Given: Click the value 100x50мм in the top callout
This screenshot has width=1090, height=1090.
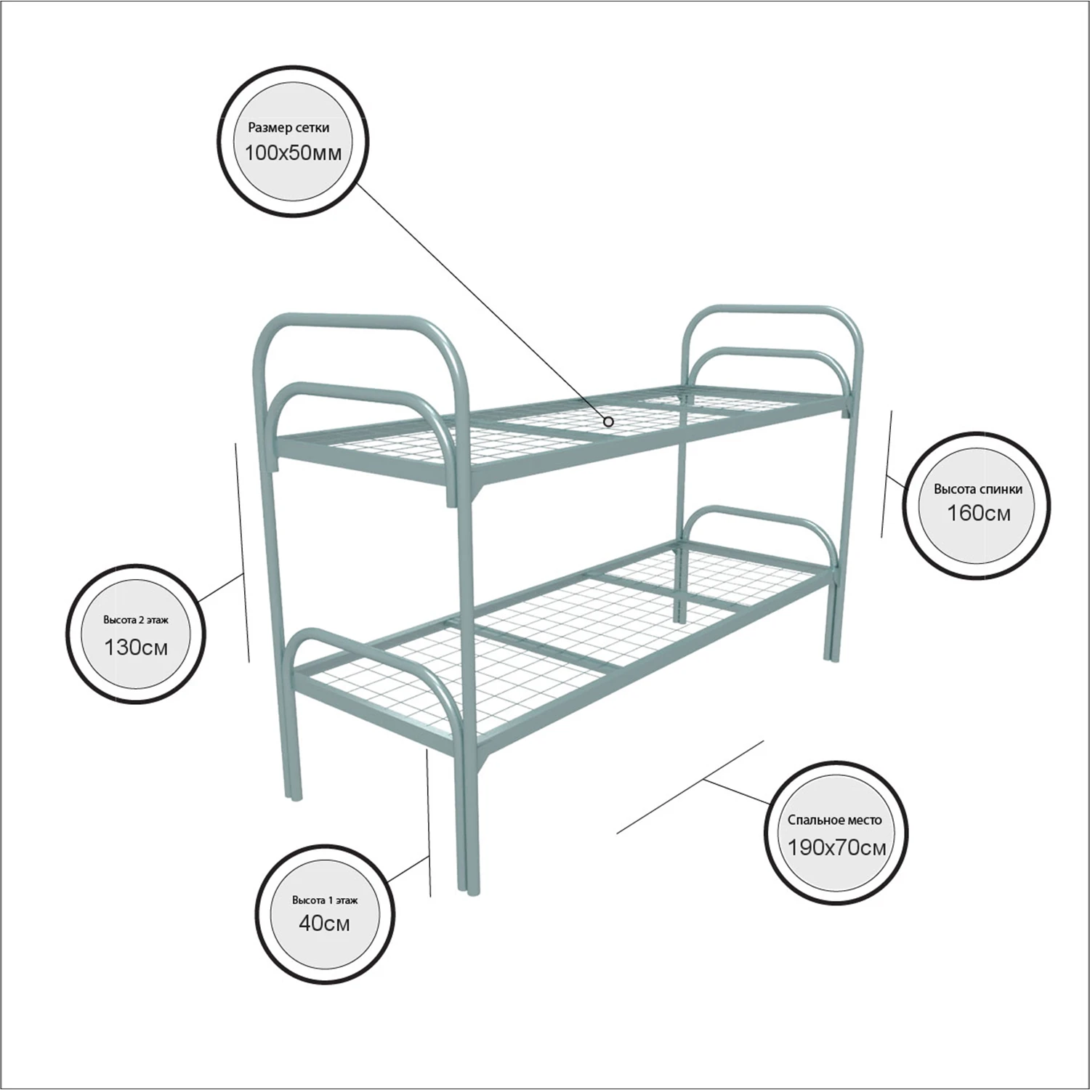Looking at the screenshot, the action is coord(293,153).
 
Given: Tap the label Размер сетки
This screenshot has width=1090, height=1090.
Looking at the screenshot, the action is coord(288,128).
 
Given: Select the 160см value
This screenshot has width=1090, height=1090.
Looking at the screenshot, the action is coord(978,513).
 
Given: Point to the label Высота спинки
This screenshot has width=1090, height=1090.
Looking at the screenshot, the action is coord(978,489).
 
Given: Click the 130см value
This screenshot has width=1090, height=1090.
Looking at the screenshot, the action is coord(136,647).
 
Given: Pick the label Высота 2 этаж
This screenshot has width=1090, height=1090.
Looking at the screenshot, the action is coord(136,621).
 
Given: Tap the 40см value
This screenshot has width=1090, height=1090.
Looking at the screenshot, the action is coord(324,923).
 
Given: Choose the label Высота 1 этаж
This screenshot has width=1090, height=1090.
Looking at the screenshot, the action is coord(325,900).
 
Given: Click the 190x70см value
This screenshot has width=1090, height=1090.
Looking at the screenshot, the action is coord(836,847).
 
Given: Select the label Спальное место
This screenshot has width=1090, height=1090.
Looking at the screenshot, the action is coord(835,820).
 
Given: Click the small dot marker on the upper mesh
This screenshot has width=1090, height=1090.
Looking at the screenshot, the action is coord(608,421).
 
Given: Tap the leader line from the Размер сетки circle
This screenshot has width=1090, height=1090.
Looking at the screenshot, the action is coord(481,301).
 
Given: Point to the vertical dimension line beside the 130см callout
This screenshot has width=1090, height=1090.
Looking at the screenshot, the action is coord(243,552).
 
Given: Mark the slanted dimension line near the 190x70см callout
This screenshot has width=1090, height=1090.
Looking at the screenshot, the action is coord(690,787).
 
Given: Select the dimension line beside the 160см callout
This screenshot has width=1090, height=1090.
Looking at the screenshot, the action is coord(887,474).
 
